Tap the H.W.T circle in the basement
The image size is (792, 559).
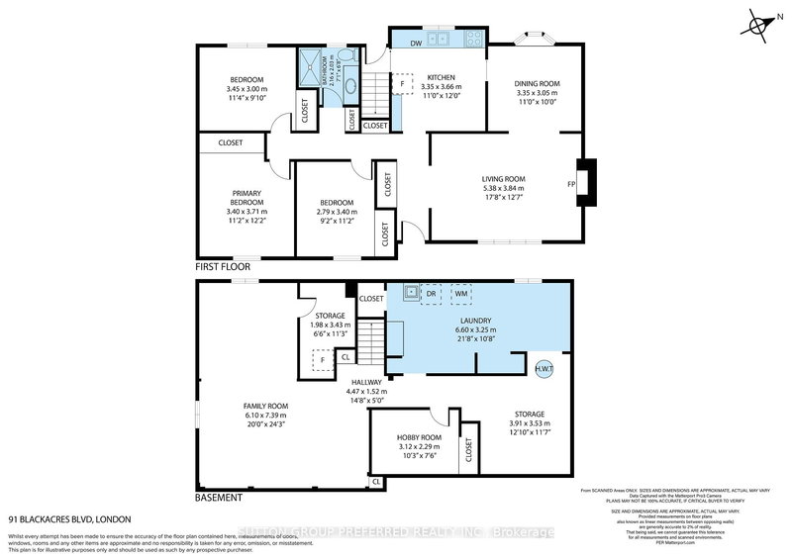544,368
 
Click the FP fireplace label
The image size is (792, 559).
571,184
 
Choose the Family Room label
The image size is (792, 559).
265,406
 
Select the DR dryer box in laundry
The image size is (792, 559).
431,294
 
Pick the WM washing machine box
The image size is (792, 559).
460,294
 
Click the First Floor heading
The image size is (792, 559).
223,267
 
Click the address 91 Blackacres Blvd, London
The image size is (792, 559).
69,518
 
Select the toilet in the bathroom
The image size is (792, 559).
341,54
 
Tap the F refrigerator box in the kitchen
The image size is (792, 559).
402,84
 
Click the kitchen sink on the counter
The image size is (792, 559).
443,41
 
